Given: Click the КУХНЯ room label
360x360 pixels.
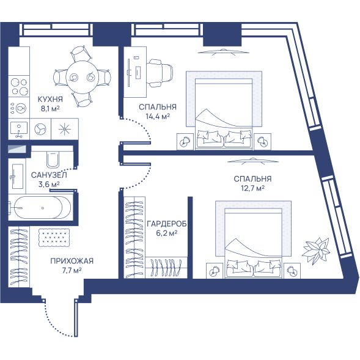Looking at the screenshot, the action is click(50, 100).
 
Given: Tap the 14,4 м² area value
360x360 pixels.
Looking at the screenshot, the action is click(158, 116).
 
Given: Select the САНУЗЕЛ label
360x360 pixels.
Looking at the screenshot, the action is click(49, 175).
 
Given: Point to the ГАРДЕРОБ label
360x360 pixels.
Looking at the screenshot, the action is click(167, 224).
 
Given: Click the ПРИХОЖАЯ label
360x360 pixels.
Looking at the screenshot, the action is click(72, 261).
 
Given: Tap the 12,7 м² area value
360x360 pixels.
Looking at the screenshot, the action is click(252, 188).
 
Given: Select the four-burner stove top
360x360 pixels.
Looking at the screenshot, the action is click(19, 87).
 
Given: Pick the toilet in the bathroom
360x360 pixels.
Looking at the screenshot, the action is click(53, 159).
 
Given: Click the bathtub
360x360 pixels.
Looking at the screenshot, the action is click(40, 208).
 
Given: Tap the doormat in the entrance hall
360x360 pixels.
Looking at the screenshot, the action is click(54, 238).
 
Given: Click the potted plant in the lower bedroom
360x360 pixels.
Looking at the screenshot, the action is click(317, 250).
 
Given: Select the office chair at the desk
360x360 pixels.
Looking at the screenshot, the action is click(161, 73).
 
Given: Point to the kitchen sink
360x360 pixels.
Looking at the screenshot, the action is click(19, 129).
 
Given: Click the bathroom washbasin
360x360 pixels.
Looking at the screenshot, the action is click(16, 176).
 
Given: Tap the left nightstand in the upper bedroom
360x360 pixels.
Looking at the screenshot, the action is click(185, 142).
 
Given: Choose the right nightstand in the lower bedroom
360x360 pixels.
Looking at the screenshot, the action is click(292, 271).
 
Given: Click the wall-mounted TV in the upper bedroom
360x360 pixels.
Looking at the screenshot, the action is click(223, 52).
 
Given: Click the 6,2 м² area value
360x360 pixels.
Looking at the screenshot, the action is click(167, 233).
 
